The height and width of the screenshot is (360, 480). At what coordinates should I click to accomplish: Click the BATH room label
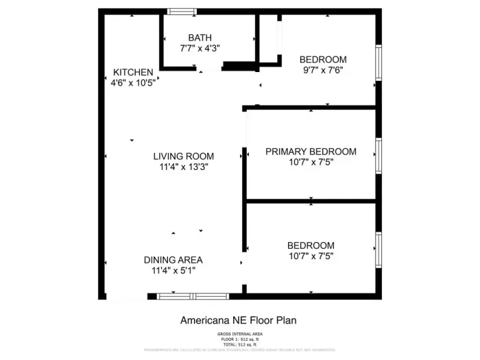(x=200, y=38)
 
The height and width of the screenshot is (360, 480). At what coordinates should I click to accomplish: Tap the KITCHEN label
(x=133, y=72)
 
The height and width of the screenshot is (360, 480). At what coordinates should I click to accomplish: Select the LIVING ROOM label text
(x=183, y=156)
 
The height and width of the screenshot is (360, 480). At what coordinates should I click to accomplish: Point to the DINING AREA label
(x=173, y=260)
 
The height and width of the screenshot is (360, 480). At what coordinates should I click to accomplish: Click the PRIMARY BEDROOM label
(x=311, y=152)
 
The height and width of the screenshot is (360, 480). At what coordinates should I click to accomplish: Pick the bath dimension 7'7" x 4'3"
(x=200, y=49)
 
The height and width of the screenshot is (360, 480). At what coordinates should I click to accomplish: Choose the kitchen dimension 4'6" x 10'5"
(x=133, y=82)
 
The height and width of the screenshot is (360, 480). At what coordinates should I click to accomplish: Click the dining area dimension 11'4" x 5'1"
(x=173, y=270)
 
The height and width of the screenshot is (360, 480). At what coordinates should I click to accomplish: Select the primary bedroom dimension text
(x=311, y=162)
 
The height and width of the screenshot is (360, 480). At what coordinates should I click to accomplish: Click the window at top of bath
(x=181, y=11)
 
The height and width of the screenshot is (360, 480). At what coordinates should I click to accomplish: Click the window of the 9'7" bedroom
(x=377, y=64)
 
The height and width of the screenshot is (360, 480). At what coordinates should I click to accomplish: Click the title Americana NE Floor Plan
(x=238, y=320)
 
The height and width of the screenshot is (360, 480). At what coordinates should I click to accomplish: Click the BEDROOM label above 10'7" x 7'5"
(x=311, y=245)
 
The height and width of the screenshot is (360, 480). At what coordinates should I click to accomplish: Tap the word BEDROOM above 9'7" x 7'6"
(x=322, y=60)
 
